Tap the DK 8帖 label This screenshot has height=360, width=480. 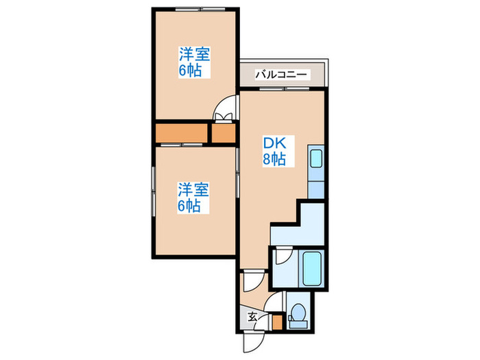click(x=275, y=152)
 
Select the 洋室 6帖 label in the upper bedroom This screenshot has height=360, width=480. click(x=194, y=62)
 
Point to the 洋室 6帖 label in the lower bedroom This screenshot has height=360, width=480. click(x=194, y=197)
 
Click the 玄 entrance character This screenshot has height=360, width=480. click(x=252, y=317)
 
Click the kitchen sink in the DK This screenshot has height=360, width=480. click(x=315, y=158)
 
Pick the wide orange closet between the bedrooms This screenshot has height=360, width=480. click(x=182, y=133)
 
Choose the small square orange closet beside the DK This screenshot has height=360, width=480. click(x=223, y=133)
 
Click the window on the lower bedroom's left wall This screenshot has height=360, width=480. click(x=153, y=197)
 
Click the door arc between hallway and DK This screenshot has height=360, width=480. click(x=251, y=282)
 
